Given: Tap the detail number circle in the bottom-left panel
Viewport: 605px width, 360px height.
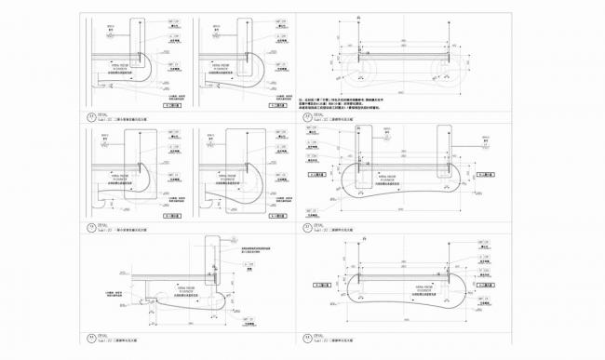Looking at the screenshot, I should click(89, 340).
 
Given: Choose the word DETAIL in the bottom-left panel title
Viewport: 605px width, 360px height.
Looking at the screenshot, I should click(103, 337).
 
